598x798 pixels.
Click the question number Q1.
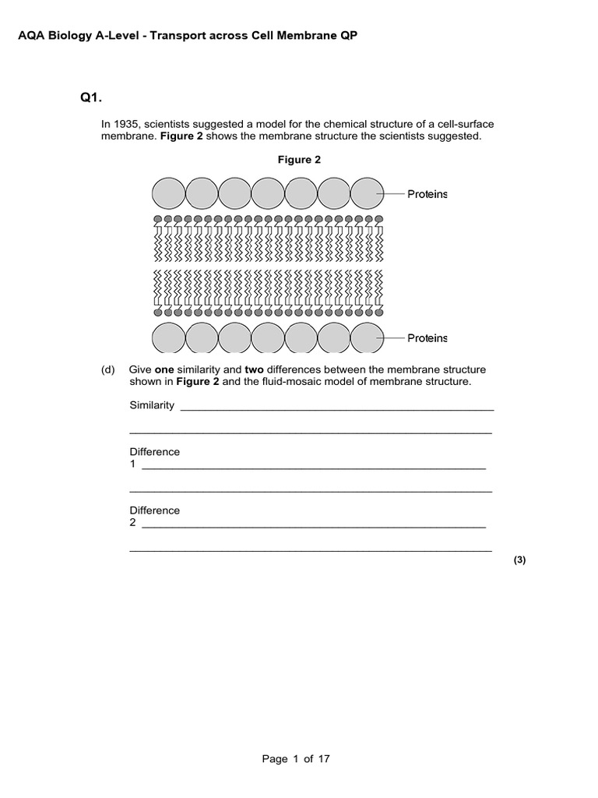pyautogui.click(x=91, y=98)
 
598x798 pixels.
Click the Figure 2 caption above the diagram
pyautogui.click(x=300, y=160)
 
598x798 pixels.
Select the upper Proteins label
pyautogui.click(x=427, y=194)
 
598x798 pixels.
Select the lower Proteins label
pyautogui.click(x=427, y=337)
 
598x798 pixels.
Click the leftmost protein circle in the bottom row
pyautogui.click(x=168, y=338)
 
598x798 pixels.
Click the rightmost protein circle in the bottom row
pyautogui.click(x=367, y=338)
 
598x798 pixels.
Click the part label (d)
pyautogui.click(x=108, y=369)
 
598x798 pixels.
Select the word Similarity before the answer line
pyautogui.click(x=152, y=406)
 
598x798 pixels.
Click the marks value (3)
pyautogui.click(x=520, y=560)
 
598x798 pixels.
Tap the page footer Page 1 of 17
pyautogui.click(x=299, y=758)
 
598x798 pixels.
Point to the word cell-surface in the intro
pyautogui.click(x=463, y=125)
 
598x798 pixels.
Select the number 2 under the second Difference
pyautogui.click(x=132, y=523)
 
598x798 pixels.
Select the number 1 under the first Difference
pyautogui.click(x=132, y=464)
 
